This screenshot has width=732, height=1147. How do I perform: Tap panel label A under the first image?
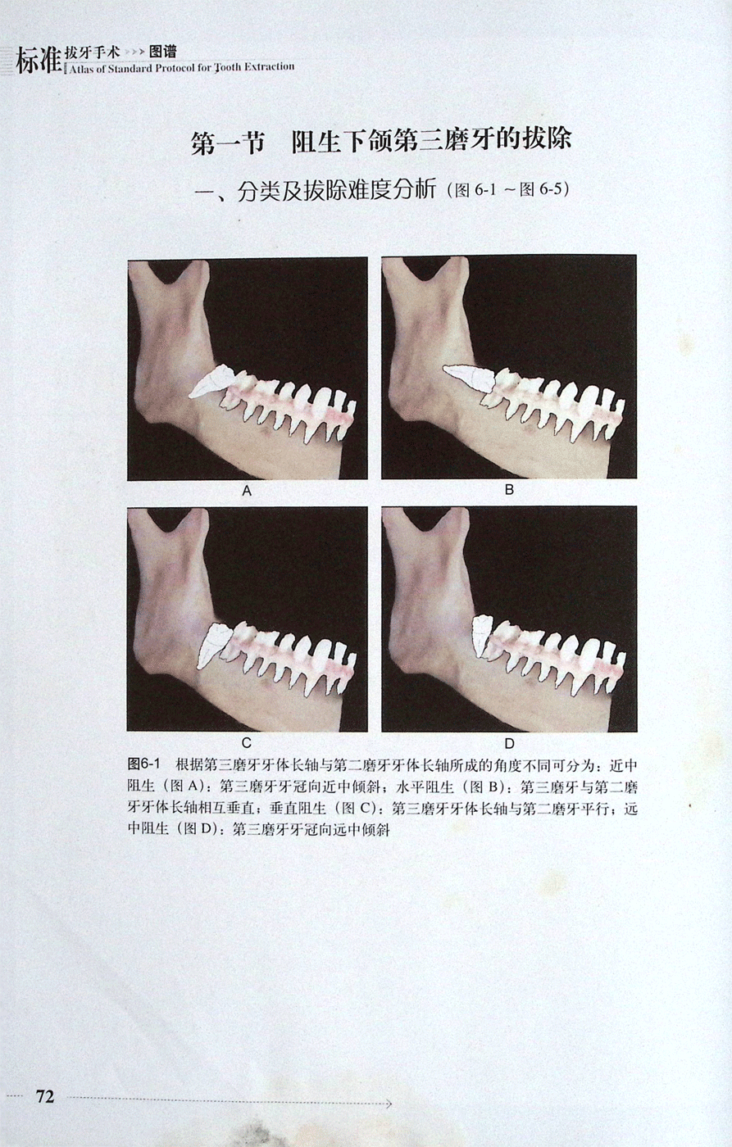(247, 491)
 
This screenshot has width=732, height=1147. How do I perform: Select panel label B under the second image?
(509, 490)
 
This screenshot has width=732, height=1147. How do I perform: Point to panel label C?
(247, 742)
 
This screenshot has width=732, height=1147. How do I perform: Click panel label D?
(509, 743)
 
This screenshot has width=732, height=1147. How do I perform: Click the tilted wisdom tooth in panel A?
(211, 382)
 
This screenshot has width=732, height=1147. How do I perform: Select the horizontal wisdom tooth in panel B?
(469, 379)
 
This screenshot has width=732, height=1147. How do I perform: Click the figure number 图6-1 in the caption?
(144, 764)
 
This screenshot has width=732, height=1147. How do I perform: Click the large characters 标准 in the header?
(39, 61)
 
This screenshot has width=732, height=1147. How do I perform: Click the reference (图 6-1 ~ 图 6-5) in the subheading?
(508, 190)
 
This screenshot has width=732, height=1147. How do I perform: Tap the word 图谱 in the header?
(162, 52)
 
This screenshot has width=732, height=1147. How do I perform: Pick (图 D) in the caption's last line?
(198, 829)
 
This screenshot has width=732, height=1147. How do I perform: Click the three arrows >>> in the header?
(134, 52)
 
